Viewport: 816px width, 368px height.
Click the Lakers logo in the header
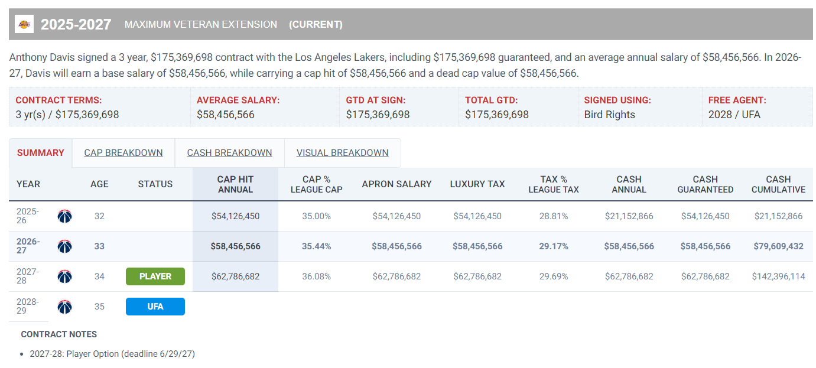[x=24, y=24]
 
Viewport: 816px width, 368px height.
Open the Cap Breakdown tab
[x=123, y=152]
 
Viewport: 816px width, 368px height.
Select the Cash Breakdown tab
[x=229, y=152]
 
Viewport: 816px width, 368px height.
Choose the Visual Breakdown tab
[x=343, y=152]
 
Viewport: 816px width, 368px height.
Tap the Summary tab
[x=40, y=152]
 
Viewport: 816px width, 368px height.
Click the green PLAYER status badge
[x=155, y=276]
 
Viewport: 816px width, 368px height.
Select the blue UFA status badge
[x=155, y=307]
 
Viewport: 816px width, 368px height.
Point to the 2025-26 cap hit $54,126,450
[x=235, y=216]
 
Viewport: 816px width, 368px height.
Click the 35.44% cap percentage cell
[x=316, y=246]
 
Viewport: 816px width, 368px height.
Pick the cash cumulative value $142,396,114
[x=778, y=276]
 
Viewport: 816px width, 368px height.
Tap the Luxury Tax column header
[x=477, y=184]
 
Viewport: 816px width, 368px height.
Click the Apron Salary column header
[x=396, y=184]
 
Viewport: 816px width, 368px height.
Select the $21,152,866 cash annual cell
[x=629, y=216]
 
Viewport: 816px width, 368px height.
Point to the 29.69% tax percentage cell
[x=554, y=276]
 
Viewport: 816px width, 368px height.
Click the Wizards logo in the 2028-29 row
[x=64, y=307]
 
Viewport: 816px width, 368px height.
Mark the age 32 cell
[x=99, y=216]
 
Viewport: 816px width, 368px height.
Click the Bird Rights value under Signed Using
[x=609, y=115]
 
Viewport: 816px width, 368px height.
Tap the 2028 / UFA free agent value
[x=734, y=115]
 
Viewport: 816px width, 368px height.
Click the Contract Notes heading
[x=58, y=334]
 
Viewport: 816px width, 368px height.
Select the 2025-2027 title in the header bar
[x=76, y=24]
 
